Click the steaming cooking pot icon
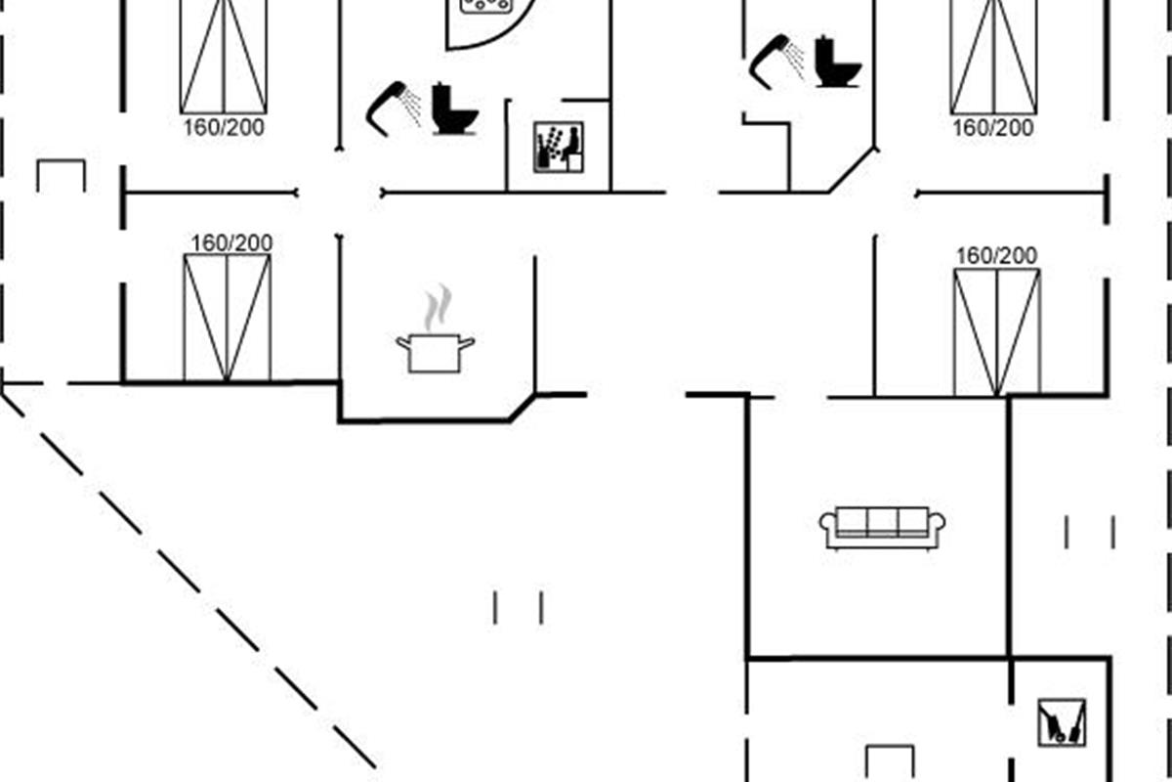[x=435, y=350]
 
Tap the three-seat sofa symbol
[x=882, y=528]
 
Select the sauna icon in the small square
[x=559, y=148]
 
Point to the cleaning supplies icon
[x=1062, y=722]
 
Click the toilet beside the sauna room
[x=454, y=109]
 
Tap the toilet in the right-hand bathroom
[x=838, y=63]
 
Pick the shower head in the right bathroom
[x=776, y=58]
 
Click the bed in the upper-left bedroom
[x=224, y=56]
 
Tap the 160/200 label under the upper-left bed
[x=224, y=127]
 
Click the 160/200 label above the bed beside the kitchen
[x=231, y=242]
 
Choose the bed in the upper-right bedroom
[x=993, y=56]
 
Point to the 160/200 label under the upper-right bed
[x=993, y=128]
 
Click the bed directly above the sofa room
[x=997, y=330]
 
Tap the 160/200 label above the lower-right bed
[x=996, y=256]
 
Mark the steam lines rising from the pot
[x=439, y=308]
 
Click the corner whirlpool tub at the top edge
[x=488, y=20]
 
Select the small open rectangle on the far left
[x=61, y=176]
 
